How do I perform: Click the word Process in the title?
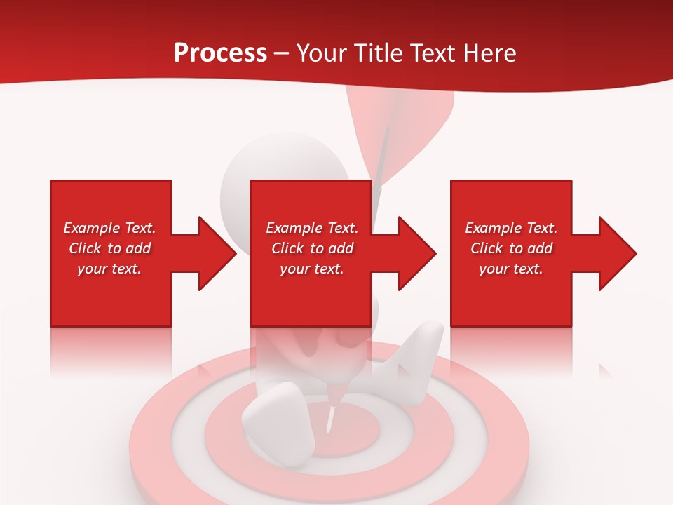pos(220,53)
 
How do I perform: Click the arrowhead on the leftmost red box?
pos(217,253)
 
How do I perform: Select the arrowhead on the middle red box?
pos(417,253)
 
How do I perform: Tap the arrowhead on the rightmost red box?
pos(617,253)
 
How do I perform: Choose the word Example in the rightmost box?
pos(493,228)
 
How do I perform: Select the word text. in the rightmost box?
pos(527,269)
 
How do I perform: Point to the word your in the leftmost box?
pos(92,269)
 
